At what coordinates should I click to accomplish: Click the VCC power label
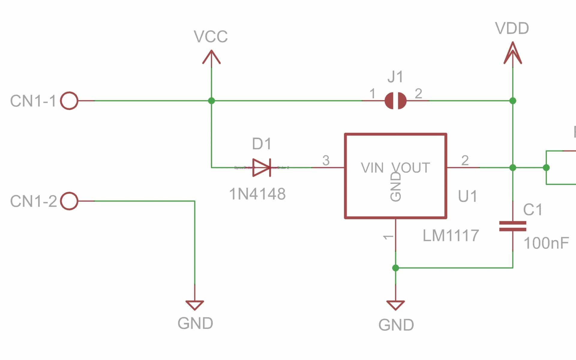click(x=211, y=37)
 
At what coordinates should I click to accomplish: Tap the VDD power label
click(x=512, y=28)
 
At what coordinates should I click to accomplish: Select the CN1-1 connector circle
click(x=69, y=101)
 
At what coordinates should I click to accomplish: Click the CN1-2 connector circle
click(x=69, y=201)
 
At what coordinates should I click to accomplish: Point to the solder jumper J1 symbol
click(x=395, y=101)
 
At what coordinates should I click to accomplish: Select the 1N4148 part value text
click(x=257, y=194)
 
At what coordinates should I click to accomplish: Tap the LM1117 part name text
click(x=451, y=236)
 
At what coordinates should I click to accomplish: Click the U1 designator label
click(x=467, y=196)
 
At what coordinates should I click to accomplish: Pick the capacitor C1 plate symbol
click(x=513, y=226)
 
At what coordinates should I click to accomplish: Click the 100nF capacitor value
click(x=546, y=243)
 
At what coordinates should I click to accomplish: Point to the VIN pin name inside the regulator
click(x=372, y=168)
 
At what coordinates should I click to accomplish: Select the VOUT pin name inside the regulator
click(x=411, y=168)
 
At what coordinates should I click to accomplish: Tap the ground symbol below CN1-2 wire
click(x=195, y=305)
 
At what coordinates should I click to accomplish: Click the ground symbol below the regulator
click(x=396, y=305)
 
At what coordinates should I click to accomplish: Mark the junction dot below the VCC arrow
click(x=211, y=101)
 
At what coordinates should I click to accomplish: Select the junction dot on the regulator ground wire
click(x=396, y=268)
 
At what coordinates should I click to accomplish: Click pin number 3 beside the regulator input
click(x=326, y=160)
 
